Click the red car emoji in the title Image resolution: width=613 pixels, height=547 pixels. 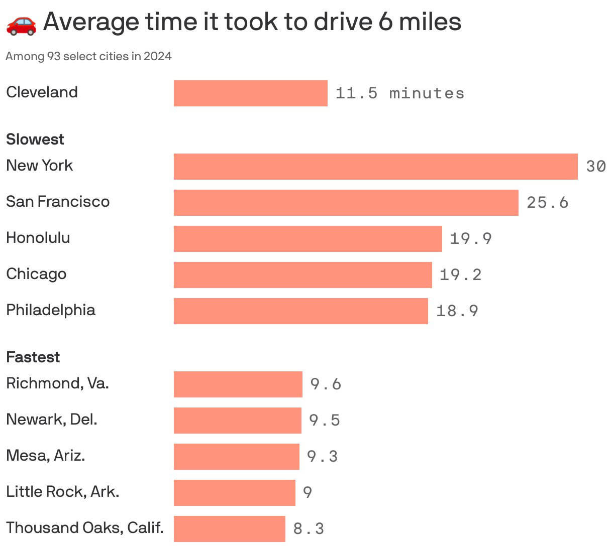pyautogui.click(x=21, y=24)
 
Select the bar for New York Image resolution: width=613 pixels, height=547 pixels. pyautogui.click(x=375, y=167)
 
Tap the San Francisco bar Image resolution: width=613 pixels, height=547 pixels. pyautogui.click(x=346, y=203)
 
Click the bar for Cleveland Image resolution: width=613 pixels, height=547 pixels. pyautogui.click(x=250, y=93)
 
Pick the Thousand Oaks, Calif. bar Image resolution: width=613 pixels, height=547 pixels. pyautogui.click(x=229, y=529)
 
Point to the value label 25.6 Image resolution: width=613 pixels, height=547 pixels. pyautogui.click(x=547, y=203)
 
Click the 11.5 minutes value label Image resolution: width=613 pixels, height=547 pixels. pyautogui.click(x=399, y=93)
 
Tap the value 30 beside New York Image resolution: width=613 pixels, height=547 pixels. pyautogui.click(x=596, y=167)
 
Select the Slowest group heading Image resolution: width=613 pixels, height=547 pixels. pyautogui.click(x=35, y=139)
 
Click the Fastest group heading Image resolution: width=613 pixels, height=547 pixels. pyautogui.click(x=33, y=357)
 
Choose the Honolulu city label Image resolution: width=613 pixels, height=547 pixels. pyautogui.click(x=38, y=237)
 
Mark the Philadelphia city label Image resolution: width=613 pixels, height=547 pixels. pyautogui.click(x=51, y=310)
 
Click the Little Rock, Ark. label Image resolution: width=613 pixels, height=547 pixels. pyautogui.click(x=63, y=491)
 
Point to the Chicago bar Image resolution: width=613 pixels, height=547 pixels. pyautogui.click(x=302, y=275)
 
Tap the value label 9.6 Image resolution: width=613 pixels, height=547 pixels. pyautogui.click(x=326, y=384)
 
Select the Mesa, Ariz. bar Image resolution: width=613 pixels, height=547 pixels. pyautogui.click(x=236, y=457)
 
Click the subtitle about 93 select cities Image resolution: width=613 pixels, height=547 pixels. pyautogui.click(x=88, y=56)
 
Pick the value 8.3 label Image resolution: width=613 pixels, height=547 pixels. pyautogui.click(x=309, y=529)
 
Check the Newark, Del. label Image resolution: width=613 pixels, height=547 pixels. pyautogui.click(x=52, y=419)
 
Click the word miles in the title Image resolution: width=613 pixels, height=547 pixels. pyautogui.click(x=430, y=22)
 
